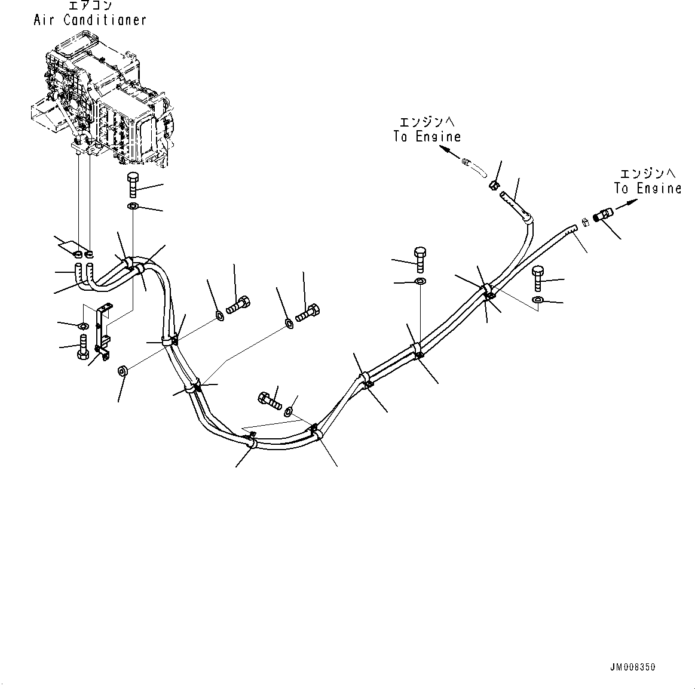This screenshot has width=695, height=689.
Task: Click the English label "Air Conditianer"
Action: click(90, 20)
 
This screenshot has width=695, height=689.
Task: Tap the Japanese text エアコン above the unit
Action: click(90, 6)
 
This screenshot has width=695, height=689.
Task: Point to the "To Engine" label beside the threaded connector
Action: click(647, 188)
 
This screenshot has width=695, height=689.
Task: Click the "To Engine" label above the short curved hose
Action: click(427, 136)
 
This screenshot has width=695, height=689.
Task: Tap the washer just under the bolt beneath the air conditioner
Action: click(133, 207)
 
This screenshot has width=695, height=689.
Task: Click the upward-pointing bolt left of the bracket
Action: click(82, 347)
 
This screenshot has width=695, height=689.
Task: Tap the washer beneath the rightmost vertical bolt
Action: click(537, 300)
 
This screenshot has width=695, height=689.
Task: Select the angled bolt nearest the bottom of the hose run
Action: click(270, 399)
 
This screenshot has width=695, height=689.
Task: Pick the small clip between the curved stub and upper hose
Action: click(494, 186)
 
